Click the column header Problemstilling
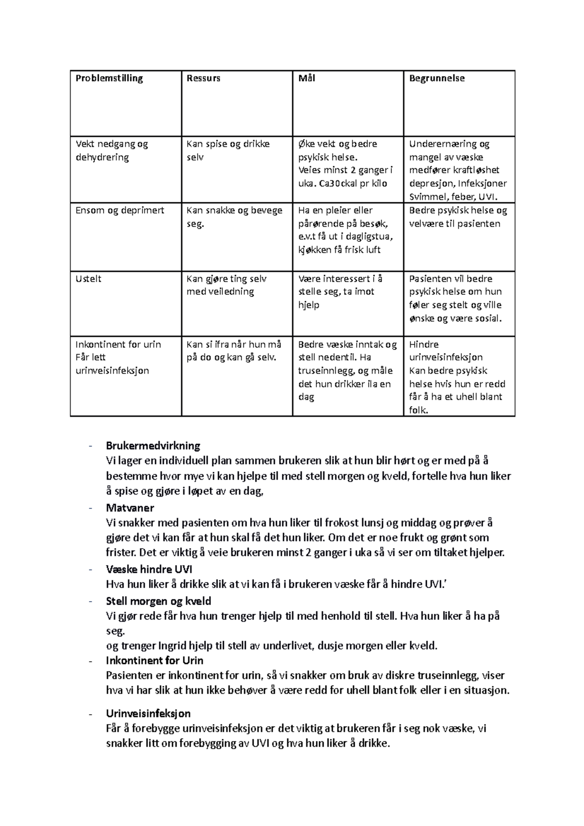click(109, 78)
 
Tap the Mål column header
click(307, 78)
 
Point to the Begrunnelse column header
click(437, 78)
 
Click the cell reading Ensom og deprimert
click(120, 211)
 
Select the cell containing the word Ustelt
click(89, 279)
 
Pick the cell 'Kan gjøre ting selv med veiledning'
click(226, 285)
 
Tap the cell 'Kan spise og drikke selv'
click(228, 150)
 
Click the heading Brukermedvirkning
click(153, 446)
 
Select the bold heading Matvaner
click(129, 508)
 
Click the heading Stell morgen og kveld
click(158, 601)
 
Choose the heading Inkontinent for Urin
click(154, 661)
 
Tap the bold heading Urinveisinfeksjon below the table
click(148, 714)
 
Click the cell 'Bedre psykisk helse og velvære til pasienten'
click(457, 217)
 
